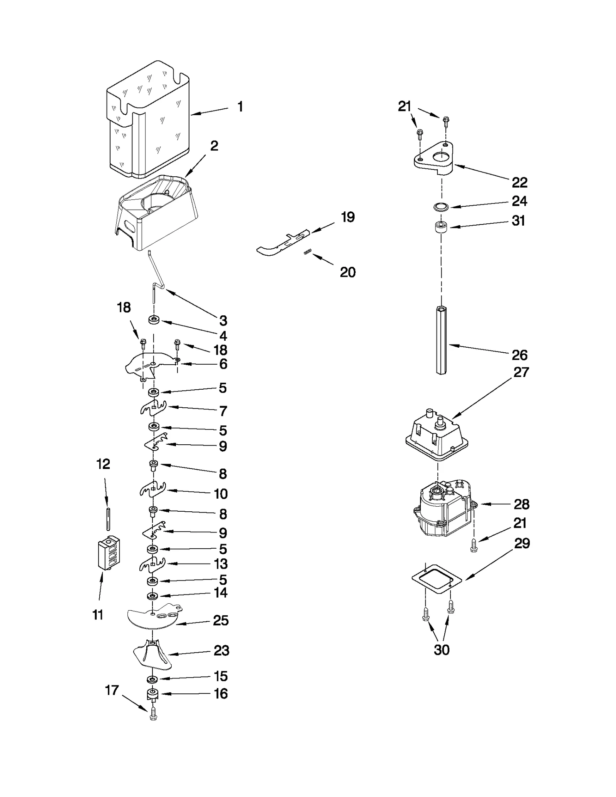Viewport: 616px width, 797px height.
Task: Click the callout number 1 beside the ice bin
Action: [240, 107]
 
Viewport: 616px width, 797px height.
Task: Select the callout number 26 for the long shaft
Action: [519, 355]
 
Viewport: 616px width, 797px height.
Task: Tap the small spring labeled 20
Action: [307, 252]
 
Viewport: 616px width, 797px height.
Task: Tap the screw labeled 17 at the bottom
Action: [153, 713]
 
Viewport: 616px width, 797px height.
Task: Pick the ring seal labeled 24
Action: [441, 207]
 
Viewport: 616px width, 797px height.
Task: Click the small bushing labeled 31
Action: [441, 227]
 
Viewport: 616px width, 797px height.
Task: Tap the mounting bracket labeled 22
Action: [433, 158]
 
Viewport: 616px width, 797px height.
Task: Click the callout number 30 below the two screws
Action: [441, 650]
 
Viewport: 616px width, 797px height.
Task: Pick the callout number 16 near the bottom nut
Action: [221, 694]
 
